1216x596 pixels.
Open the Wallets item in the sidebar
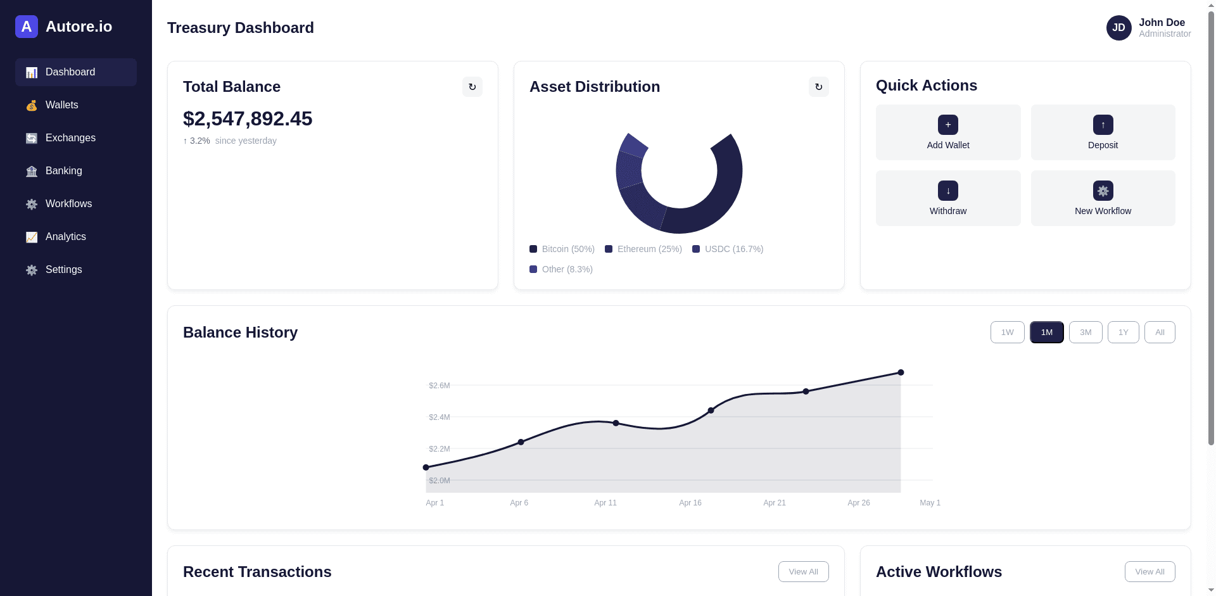(x=76, y=105)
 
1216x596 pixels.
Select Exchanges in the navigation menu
(x=76, y=138)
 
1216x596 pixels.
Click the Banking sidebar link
(x=76, y=171)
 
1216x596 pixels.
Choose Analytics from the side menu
(x=76, y=237)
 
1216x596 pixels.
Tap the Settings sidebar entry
(x=76, y=270)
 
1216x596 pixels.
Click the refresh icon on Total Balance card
(x=472, y=87)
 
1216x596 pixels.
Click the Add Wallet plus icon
(x=948, y=125)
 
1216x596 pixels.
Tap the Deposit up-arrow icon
(x=1103, y=125)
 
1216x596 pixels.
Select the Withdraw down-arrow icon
(x=948, y=191)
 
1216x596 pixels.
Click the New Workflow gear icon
(x=1103, y=191)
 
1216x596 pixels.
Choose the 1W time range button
(x=1008, y=333)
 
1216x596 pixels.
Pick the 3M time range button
(x=1086, y=333)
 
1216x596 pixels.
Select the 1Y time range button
(x=1124, y=333)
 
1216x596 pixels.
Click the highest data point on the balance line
(x=901, y=372)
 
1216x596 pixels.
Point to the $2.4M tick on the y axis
(x=440, y=417)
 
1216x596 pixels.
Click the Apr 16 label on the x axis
(x=690, y=503)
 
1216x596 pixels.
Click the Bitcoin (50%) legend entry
(x=562, y=249)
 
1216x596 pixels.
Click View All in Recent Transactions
(x=804, y=571)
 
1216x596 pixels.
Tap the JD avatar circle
(x=1119, y=28)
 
